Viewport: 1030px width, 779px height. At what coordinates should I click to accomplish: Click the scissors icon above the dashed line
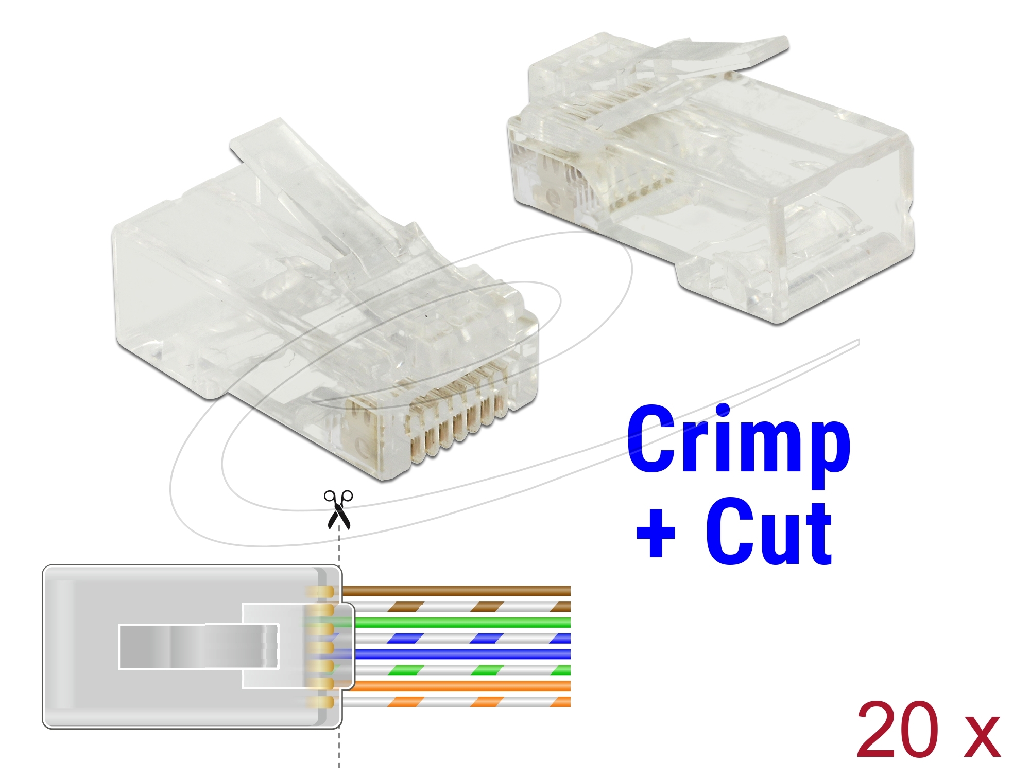coord(338,509)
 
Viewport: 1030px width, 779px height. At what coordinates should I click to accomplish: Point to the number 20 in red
coord(897,730)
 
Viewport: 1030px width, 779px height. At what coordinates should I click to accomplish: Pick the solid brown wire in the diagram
coord(456,591)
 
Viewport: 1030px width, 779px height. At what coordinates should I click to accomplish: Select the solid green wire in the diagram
coord(462,623)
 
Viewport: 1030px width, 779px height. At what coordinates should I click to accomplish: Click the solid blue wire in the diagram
coord(462,654)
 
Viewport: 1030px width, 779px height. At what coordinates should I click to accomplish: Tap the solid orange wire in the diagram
coord(462,686)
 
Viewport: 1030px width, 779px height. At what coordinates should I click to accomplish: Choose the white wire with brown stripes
coord(456,607)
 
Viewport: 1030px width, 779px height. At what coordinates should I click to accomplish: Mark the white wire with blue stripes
coord(462,639)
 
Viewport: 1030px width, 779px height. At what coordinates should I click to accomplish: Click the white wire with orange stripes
coord(456,702)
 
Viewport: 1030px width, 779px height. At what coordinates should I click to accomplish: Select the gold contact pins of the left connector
coord(453,412)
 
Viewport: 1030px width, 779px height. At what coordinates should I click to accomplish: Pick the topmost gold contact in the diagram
coord(321,592)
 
